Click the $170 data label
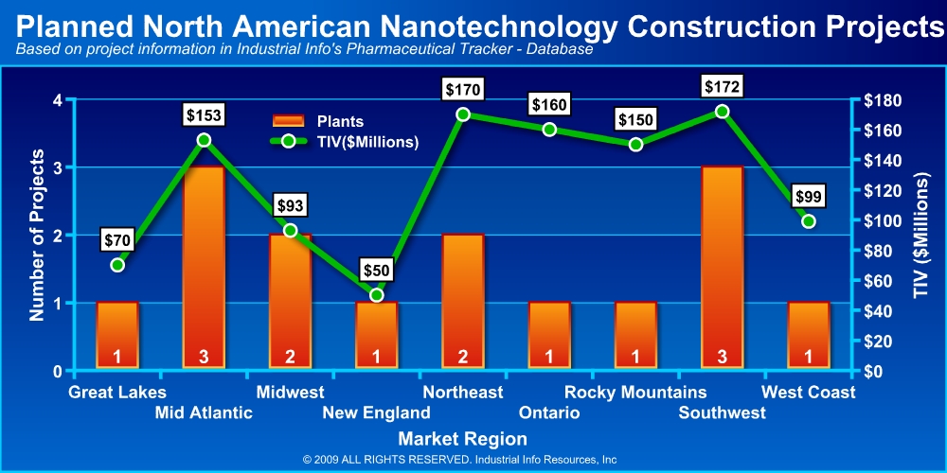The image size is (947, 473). click(463, 91)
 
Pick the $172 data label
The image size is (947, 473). click(723, 87)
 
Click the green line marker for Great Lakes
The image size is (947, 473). click(117, 265)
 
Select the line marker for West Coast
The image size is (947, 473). click(809, 221)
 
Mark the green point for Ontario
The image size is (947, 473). click(549, 130)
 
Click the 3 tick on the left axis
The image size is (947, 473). click(58, 167)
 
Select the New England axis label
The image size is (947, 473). click(376, 412)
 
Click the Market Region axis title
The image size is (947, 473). click(462, 439)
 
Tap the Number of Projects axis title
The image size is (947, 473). click(37, 234)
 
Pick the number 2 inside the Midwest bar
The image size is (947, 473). click(290, 357)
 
